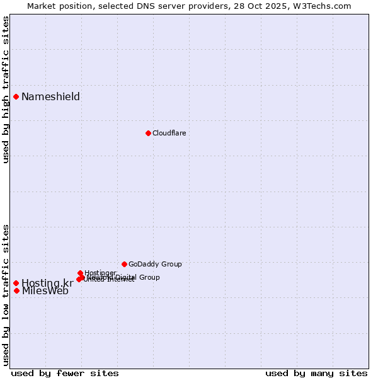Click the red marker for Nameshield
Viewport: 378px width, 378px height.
coord(16,96)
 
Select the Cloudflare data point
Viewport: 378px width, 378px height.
coord(148,133)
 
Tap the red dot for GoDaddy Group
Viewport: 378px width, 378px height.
coord(124,264)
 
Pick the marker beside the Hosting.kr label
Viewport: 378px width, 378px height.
coord(16,283)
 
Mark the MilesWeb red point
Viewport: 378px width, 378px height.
coord(16,290)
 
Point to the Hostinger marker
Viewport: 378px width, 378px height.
coord(80,273)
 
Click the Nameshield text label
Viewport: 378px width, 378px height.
coord(50,96)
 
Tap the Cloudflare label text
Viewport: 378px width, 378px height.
coord(169,133)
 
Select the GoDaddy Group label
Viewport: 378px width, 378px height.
coord(155,264)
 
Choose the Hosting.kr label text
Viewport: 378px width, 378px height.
coord(47,283)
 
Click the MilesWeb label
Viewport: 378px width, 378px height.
coord(45,291)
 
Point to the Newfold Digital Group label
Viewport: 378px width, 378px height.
coord(126,277)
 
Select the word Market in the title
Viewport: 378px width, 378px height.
coord(42,6)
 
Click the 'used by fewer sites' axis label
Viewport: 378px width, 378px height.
coord(65,373)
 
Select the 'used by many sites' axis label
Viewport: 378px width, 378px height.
coord(316,373)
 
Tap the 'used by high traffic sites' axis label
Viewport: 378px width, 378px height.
coord(6,89)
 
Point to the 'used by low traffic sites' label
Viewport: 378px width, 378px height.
coord(6,295)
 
